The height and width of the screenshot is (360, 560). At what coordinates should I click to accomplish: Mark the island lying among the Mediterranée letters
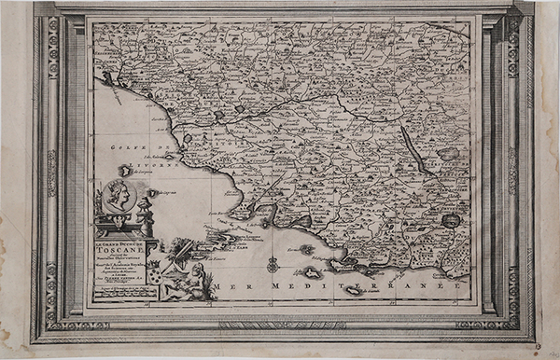pos(354,290)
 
